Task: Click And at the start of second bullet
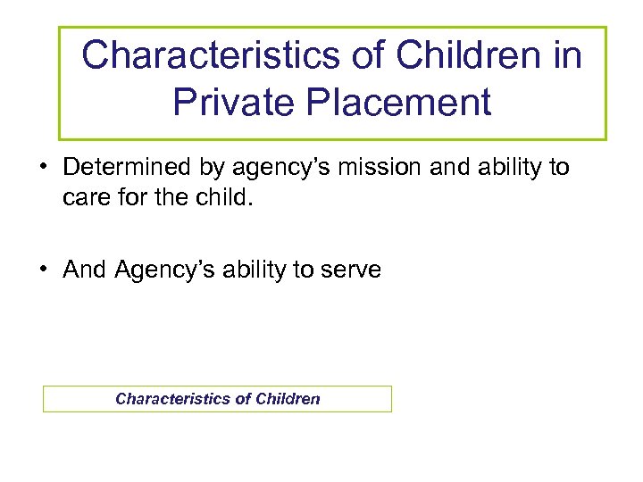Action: (x=85, y=270)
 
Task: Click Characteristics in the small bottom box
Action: (x=172, y=399)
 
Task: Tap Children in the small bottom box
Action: (x=288, y=399)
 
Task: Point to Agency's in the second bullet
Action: (x=170, y=270)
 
